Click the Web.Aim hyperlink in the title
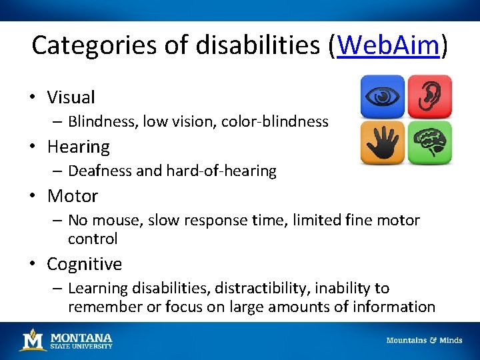(389, 45)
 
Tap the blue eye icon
(382, 97)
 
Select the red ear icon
(429, 97)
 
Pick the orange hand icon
(382, 143)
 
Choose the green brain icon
(429, 143)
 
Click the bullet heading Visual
(71, 97)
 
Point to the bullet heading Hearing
(78, 147)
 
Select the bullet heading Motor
(72, 196)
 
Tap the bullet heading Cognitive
(84, 264)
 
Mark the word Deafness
(99, 171)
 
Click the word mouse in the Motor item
(114, 220)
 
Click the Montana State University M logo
(32, 340)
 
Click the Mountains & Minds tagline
(424, 341)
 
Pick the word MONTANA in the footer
(81, 337)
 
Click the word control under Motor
(93, 239)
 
